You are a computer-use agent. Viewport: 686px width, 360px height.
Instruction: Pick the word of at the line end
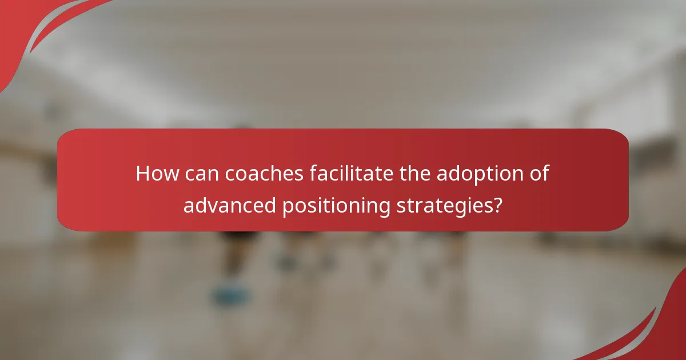point(540,173)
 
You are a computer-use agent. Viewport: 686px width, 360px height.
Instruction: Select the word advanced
point(230,205)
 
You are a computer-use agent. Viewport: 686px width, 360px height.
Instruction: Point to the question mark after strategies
point(498,205)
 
